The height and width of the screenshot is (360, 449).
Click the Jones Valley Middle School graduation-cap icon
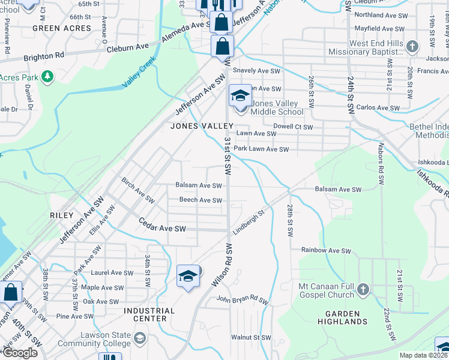point(240,97)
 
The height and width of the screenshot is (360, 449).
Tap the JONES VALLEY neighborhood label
point(202,126)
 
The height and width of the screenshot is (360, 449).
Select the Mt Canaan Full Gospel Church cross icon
point(363,290)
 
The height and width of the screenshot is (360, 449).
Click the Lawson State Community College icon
point(140,339)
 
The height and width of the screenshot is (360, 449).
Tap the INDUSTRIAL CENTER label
point(149,314)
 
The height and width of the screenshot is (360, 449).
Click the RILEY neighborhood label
point(62,215)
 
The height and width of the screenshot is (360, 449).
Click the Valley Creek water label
point(139,73)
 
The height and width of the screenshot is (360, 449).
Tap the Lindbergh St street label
point(250,222)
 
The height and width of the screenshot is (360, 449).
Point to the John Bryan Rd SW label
point(243,300)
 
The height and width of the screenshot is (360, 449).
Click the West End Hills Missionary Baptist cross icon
point(412,46)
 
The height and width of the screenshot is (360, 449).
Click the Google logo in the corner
point(20,353)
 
